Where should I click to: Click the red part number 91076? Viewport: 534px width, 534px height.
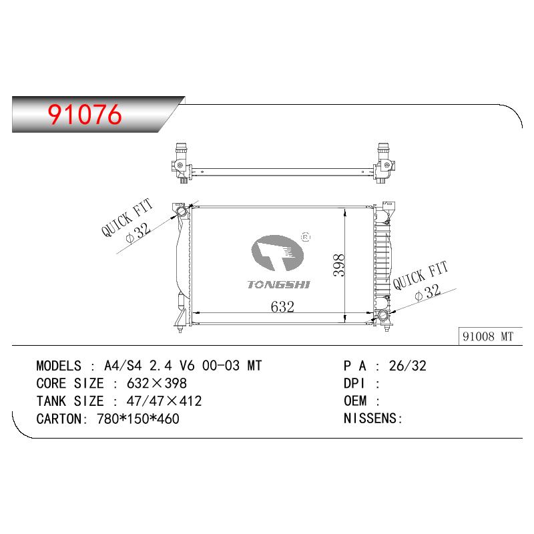[85, 114]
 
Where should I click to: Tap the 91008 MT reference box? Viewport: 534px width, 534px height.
[490, 336]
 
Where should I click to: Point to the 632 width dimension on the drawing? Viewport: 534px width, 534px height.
[282, 307]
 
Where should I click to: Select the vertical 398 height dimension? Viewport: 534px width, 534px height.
[339, 265]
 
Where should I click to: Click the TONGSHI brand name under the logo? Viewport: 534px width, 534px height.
[278, 285]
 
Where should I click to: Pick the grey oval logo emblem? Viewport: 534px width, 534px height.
[277, 253]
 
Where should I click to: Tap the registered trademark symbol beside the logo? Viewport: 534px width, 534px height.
[306, 237]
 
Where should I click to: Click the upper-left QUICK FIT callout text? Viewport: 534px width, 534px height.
[127, 218]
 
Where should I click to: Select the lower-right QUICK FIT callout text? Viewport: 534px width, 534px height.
[420, 275]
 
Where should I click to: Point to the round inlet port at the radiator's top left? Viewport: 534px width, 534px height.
[182, 211]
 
